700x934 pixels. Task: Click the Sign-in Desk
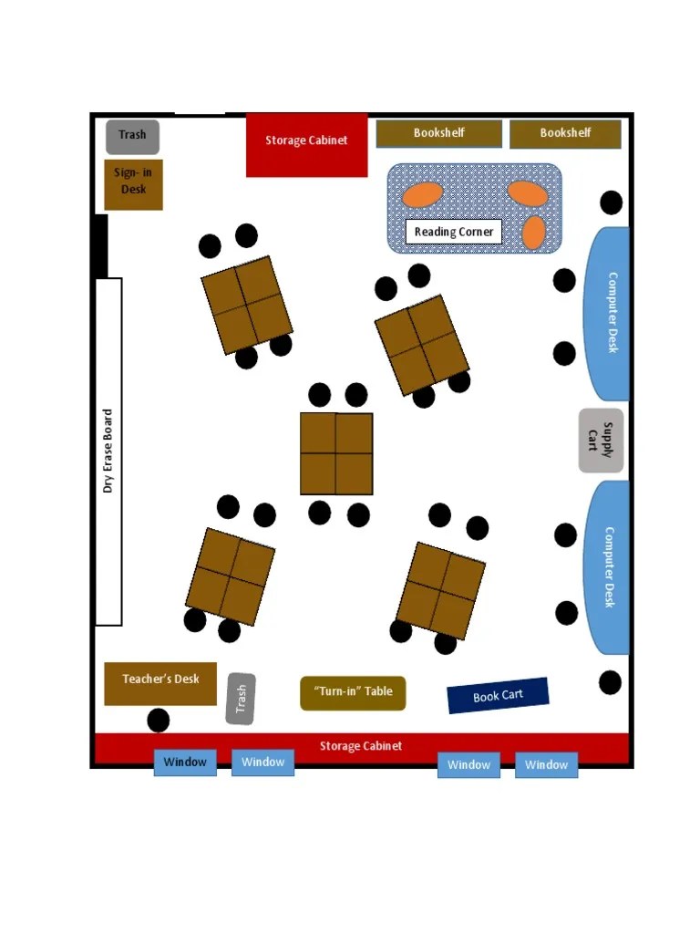tap(133, 184)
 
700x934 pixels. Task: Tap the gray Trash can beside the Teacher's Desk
tap(241, 699)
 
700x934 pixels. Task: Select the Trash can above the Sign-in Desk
tap(132, 136)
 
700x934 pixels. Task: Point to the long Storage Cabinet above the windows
tap(361, 747)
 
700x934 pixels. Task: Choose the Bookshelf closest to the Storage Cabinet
tap(439, 133)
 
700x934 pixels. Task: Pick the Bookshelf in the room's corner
tap(565, 133)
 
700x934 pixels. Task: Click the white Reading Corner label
tap(454, 232)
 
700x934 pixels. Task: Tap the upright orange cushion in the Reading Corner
tap(534, 233)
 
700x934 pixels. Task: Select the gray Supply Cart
tap(602, 441)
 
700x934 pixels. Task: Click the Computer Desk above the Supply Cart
tap(608, 314)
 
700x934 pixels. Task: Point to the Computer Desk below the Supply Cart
tap(607, 567)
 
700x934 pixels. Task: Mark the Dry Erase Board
tap(109, 451)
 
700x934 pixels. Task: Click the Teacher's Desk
tap(160, 682)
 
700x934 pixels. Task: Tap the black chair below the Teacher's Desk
tap(159, 721)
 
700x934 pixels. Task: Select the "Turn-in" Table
tap(353, 692)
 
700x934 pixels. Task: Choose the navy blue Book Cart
tap(498, 696)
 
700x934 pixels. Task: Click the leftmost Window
tap(185, 763)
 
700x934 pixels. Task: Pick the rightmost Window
tap(547, 765)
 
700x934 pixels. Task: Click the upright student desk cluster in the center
tap(336, 453)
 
